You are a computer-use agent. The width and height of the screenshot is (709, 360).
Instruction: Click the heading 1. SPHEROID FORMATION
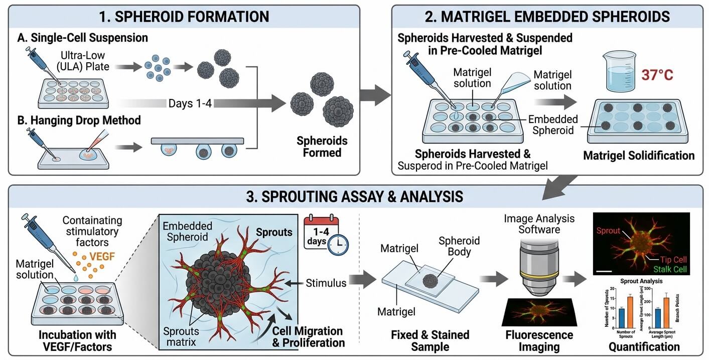pos(184,16)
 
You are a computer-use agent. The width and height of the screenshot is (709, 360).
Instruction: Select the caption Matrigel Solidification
pos(639,155)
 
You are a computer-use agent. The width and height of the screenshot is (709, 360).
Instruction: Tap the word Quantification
pos(644,346)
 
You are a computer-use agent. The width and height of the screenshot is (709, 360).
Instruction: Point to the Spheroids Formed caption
pos(322,147)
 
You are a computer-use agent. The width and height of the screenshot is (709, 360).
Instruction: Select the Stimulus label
pos(326,283)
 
